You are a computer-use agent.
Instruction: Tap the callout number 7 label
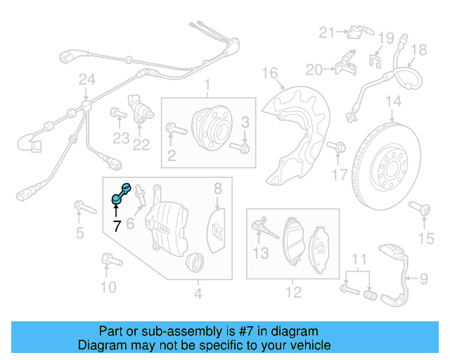pyautogui.click(x=117, y=226)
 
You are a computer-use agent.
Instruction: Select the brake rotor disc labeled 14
pyautogui.click(x=393, y=165)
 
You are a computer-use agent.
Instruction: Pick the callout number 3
pyautogui.click(x=245, y=123)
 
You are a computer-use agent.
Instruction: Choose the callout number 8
pyautogui.click(x=218, y=188)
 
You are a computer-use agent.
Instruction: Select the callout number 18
pyautogui.click(x=418, y=49)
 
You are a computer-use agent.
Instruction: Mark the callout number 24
pyautogui.click(x=86, y=81)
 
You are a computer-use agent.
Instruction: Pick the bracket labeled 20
pyautogui.click(x=344, y=66)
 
